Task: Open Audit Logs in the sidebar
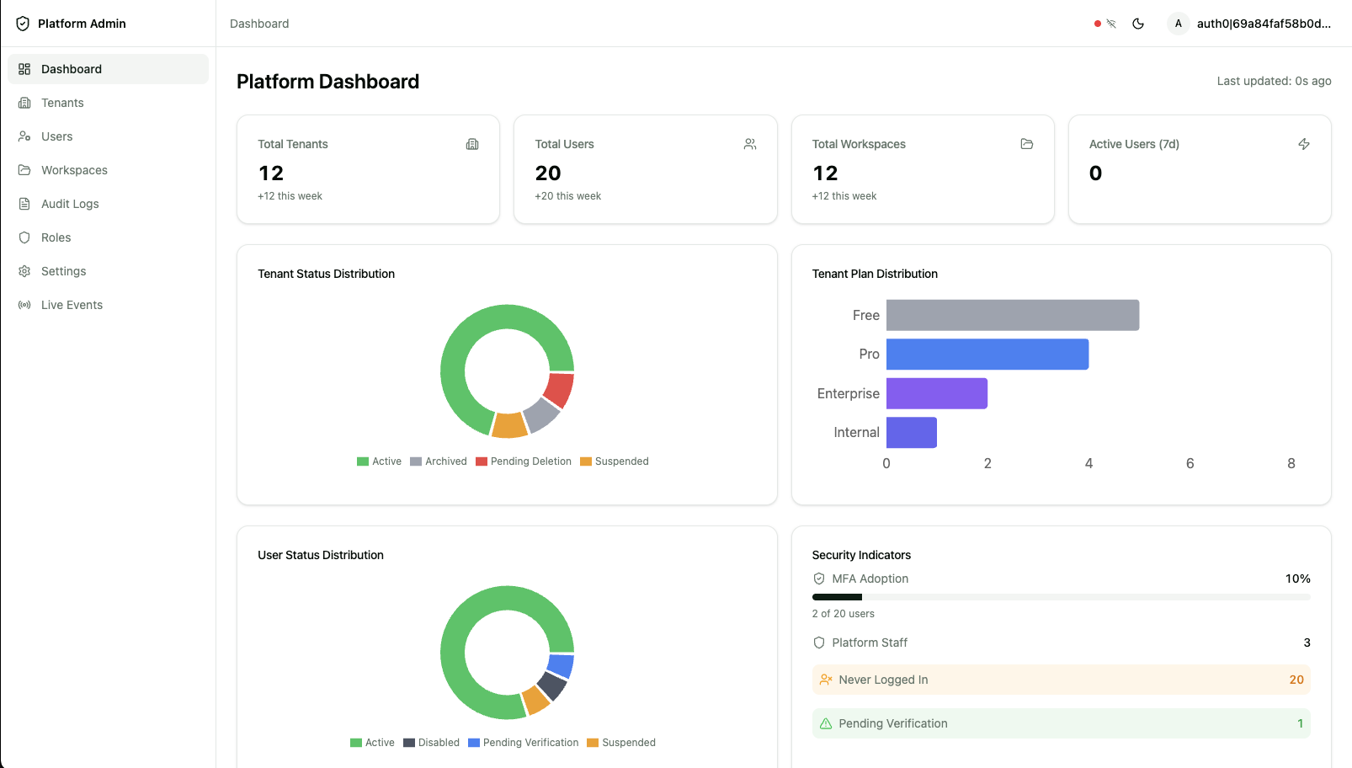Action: pyautogui.click(x=70, y=204)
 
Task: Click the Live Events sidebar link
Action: pyautogui.click(x=72, y=305)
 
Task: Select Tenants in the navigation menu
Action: pyautogui.click(x=62, y=103)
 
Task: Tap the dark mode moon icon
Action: pyautogui.click(x=1138, y=24)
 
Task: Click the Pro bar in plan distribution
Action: pyautogui.click(x=987, y=355)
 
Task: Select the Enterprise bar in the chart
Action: pyautogui.click(x=936, y=393)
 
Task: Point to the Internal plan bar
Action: pyautogui.click(x=911, y=432)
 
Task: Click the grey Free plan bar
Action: pyautogui.click(x=1012, y=315)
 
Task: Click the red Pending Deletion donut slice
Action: pyautogui.click(x=559, y=389)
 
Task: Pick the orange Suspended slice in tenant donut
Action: pyautogui.click(x=509, y=425)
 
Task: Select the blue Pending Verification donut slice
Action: pyautogui.click(x=561, y=665)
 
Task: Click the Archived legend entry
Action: pyautogui.click(x=439, y=461)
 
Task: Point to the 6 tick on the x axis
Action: pyautogui.click(x=1190, y=463)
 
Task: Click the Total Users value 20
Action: pyautogui.click(x=548, y=173)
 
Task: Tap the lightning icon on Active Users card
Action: pyautogui.click(x=1303, y=144)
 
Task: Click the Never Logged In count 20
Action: pyautogui.click(x=1296, y=680)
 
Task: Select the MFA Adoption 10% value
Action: pyautogui.click(x=1297, y=579)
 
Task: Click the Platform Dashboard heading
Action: pyautogui.click(x=327, y=82)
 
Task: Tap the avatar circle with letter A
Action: pyautogui.click(x=1178, y=24)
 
